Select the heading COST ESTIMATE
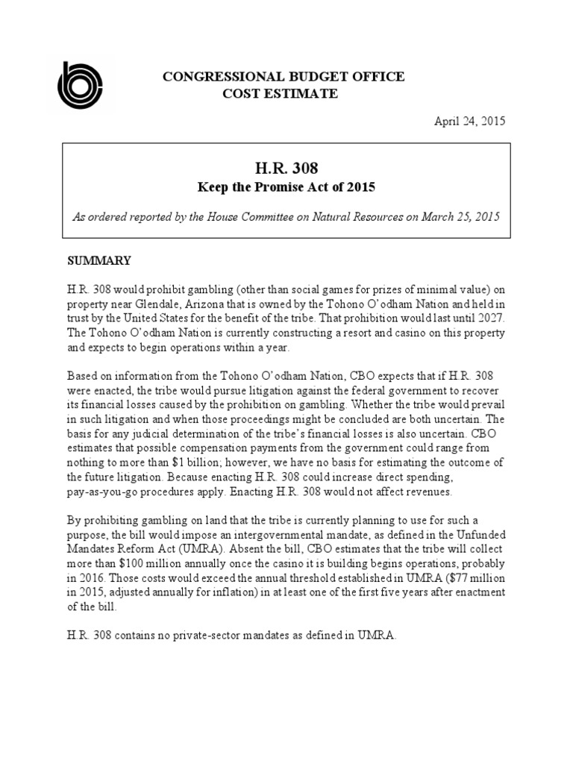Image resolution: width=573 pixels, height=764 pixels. point(281,93)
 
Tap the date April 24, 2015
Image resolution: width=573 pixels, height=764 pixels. point(470,122)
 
